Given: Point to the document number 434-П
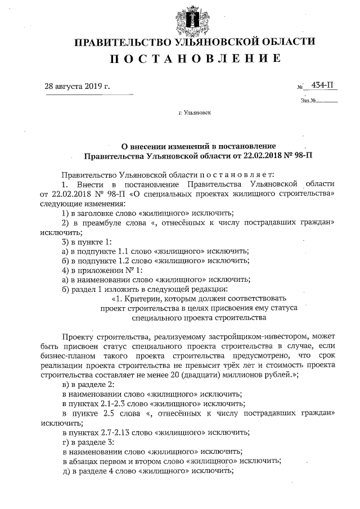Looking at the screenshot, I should (319, 85).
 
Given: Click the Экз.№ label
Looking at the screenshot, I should (309, 101).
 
